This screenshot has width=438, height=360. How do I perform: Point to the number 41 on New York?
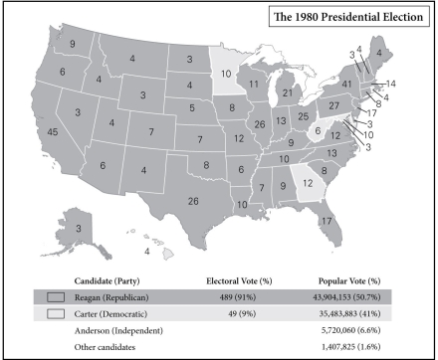(x=347, y=86)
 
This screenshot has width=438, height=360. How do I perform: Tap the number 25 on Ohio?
(x=303, y=117)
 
